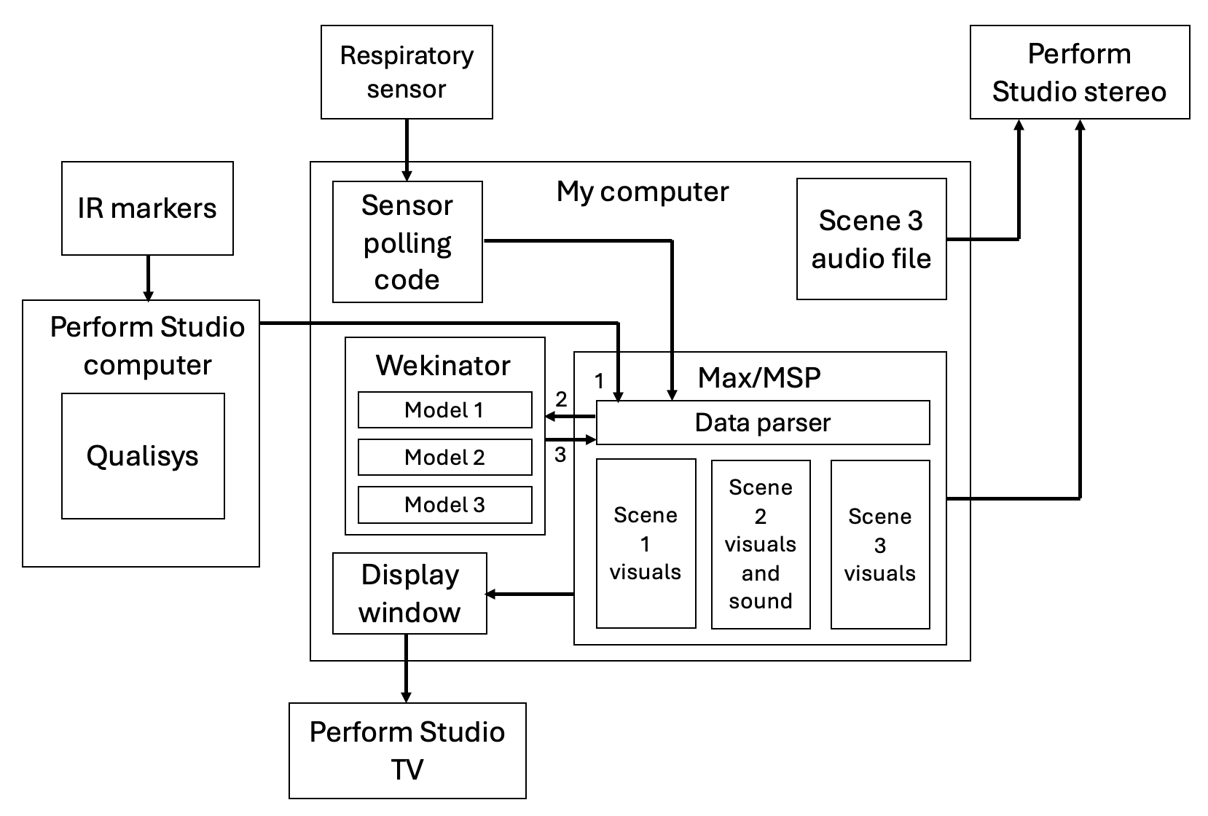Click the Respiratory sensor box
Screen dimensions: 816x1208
[407, 72]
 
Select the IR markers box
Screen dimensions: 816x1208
[147, 208]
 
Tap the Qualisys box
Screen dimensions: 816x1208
[143, 456]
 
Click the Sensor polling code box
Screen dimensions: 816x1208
[407, 242]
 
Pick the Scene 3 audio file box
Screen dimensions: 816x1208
[871, 239]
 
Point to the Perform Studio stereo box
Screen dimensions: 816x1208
[1079, 72]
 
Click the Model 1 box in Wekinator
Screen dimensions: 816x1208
[444, 410]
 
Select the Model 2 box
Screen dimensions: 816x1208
[444, 458]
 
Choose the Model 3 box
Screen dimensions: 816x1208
[444, 505]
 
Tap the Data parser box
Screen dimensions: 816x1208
[763, 423]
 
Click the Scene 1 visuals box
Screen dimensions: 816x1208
[646, 544]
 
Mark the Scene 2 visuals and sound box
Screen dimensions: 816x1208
[761, 544]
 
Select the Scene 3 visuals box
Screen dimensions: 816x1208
[880, 544]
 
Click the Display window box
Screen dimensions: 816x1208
[409, 593]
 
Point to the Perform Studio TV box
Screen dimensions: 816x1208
[407, 750]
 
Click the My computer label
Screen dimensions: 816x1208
[642, 192]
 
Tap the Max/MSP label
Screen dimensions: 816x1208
[759, 377]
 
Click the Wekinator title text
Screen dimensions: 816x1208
[443, 365]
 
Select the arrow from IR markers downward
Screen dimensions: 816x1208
[148, 278]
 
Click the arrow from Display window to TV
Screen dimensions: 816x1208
[406, 668]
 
